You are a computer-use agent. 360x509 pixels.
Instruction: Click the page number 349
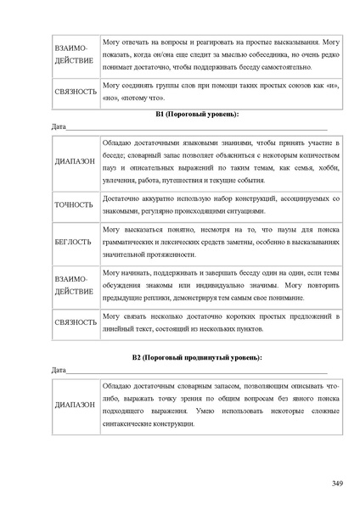tap(336, 483)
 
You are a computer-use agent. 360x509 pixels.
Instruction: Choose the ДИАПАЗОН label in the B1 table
tap(75, 160)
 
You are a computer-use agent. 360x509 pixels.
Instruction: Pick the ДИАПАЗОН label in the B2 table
tap(75, 405)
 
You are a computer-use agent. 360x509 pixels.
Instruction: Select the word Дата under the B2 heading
tap(59, 371)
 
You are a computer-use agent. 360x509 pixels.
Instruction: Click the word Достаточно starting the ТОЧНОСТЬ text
tap(122, 198)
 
